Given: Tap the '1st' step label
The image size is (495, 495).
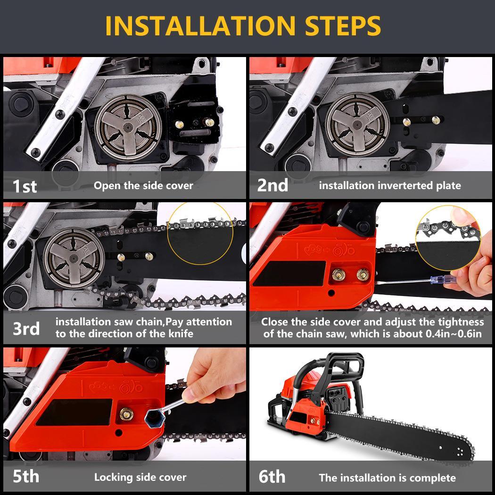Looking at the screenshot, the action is [25, 186].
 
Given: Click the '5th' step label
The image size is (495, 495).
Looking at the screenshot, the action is [26, 476].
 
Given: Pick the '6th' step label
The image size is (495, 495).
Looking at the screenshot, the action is [272, 476].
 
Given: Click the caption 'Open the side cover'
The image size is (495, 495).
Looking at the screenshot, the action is [143, 186].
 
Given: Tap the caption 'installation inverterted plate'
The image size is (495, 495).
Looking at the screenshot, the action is [390, 186].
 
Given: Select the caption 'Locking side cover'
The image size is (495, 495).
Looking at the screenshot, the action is [140, 477].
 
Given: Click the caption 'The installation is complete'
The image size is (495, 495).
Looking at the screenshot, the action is [388, 478].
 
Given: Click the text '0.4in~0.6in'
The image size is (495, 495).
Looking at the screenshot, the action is [454, 334].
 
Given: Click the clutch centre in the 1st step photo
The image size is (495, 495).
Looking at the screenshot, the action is [128, 127].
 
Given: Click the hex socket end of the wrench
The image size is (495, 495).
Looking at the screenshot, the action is [155, 418].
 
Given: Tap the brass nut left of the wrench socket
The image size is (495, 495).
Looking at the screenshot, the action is [126, 414].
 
